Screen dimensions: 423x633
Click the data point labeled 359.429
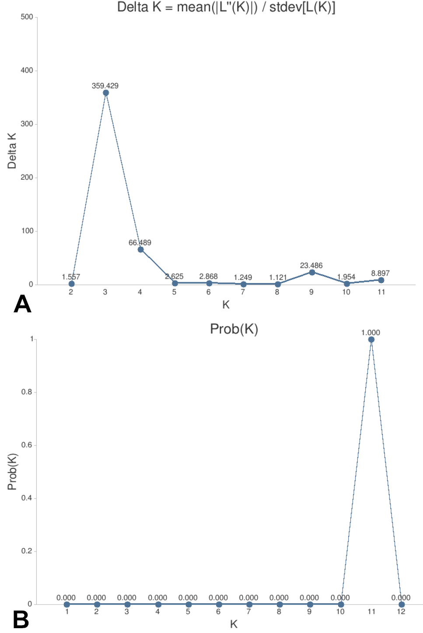click(106, 93)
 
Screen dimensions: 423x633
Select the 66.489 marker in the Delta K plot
click(140, 249)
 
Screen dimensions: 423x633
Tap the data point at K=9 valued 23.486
click(312, 272)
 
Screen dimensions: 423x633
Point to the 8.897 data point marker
click(381, 280)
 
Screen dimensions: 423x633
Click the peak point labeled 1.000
click(371, 339)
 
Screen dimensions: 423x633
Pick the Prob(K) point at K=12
click(402, 605)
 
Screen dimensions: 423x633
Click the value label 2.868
click(208, 276)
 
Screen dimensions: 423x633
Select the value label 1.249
click(243, 277)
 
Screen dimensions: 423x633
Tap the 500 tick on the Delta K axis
click(27, 17)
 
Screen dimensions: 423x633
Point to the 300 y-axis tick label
click(27, 124)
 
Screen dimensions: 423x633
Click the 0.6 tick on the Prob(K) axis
click(27, 445)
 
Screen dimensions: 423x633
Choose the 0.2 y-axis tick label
click(27, 551)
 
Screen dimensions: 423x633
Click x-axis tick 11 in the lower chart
click(371, 612)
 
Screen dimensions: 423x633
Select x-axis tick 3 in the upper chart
click(105, 292)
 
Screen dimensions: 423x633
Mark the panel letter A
click(22, 304)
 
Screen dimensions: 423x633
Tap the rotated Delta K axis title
click(12, 151)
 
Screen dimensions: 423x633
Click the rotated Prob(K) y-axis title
click(12, 472)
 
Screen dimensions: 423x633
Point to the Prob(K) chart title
click(234, 329)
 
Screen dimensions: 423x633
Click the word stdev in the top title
click(285, 7)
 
